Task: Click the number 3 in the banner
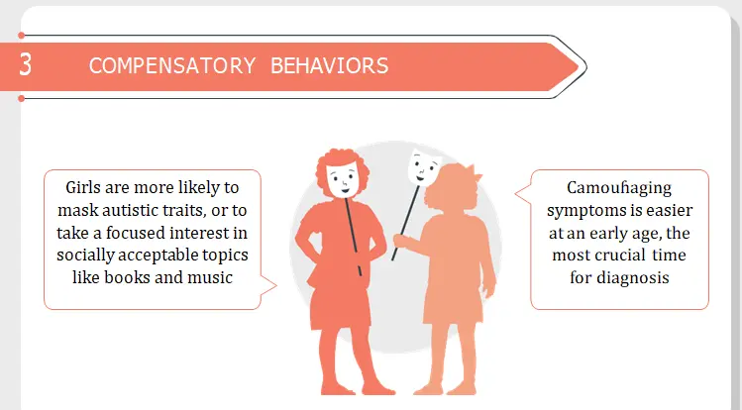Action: coord(26,64)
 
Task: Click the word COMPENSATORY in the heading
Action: coord(172,65)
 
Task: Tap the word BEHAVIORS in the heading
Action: coord(329,65)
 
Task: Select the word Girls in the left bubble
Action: coord(83,188)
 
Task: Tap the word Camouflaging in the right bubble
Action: coord(619,189)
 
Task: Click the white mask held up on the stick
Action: coord(424,167)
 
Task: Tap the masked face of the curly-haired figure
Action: coord(343,179)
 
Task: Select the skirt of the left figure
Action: coord(340,303)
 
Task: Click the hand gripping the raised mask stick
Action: coord(401,241)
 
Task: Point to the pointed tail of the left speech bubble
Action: coord(275,285)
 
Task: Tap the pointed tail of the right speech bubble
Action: coord(516,193)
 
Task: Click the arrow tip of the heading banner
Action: coord(585,67)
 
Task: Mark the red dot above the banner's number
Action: coord(21,35)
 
